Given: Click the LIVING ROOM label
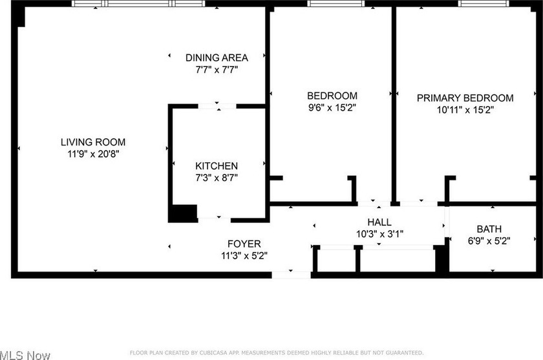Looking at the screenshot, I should [x=93, y=142].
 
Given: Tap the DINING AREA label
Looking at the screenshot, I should [x=217, y=58].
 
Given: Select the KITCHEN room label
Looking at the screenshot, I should [x=217, y=166].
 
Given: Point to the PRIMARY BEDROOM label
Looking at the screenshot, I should [x=465, y=98].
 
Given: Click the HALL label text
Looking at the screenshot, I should [x=379, y=222].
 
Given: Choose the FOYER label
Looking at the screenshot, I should [x=244, y=244].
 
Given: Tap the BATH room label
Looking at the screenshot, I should [x=489, y=229].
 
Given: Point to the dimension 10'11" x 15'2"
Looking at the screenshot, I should [x=465, y=110].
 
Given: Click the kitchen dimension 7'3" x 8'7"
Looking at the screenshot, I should [x=217, y=178].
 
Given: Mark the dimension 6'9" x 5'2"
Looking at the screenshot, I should [x=489, y=240].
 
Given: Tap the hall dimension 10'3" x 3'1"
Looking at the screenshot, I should [x=379, y=234].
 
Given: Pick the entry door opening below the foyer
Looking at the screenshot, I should [x=292, y=275].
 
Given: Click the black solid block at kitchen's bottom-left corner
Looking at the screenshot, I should [x=183, y=213].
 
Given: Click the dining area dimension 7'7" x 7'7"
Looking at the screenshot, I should [x=217, y=69].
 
